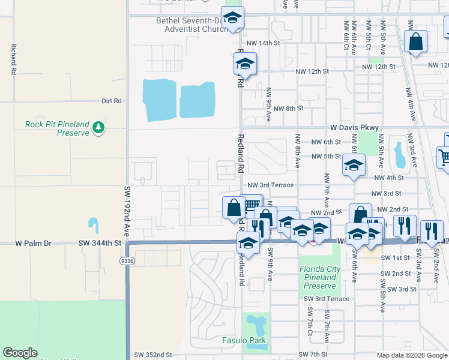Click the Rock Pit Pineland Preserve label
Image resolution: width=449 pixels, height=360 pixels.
[x=57, y=128]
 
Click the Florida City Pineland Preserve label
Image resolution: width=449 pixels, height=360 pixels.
[x=319, y=277]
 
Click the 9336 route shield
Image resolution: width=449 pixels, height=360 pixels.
[x=126, y=261]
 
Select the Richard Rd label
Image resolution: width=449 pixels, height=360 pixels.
[x=12, y=58]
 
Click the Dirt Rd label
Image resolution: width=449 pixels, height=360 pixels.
[x=112, y=101]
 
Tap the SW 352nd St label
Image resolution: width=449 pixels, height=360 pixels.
[x=154, y=355]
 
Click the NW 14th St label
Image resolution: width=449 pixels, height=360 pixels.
[x=263, y=43]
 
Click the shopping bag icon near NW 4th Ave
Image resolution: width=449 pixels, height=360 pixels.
[x=415, y=41]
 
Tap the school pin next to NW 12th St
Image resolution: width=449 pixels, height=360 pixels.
[x=245, y=64]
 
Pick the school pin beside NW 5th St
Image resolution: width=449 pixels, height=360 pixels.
[x=354, y=164]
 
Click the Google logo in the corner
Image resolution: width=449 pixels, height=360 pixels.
[x=20, y=353]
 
